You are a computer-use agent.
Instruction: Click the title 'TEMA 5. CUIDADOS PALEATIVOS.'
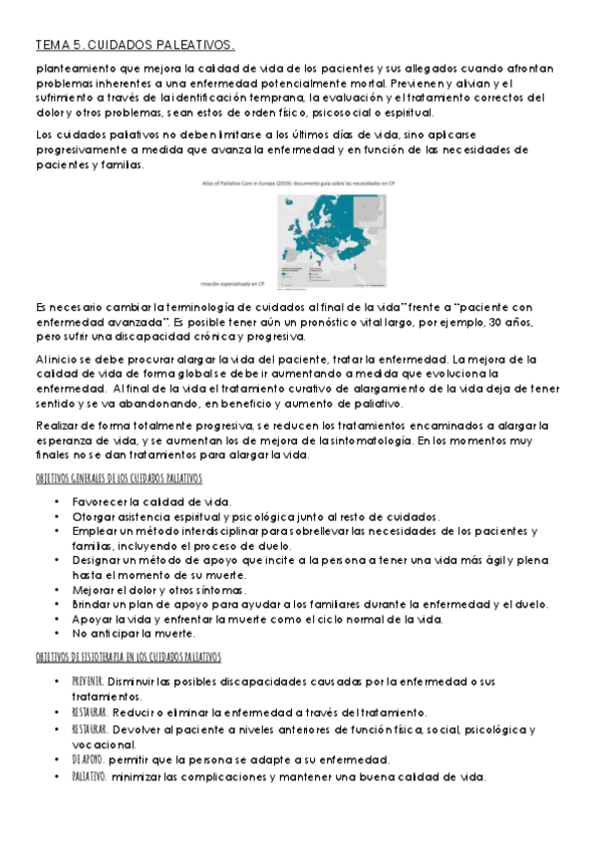[x=135, y=45]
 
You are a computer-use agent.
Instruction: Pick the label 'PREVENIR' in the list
[x=87, y=680]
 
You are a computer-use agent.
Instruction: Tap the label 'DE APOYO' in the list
[x=87, y=758]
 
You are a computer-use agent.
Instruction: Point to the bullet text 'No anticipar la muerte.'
[x=132, y=633]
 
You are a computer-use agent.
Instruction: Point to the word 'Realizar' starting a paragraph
[x=59, y=423]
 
